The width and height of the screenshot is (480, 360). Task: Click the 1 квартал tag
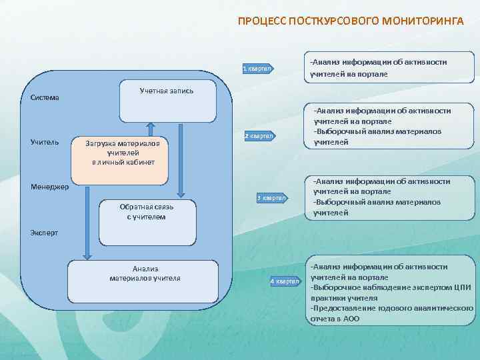click(257, 69)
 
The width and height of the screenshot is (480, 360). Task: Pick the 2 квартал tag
click(259, 136)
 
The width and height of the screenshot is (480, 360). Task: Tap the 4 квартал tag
click(285, 281)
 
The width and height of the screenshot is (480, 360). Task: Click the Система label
click(45, 98)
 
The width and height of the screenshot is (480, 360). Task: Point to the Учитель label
click(45, 142)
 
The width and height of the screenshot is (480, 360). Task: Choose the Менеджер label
click(49, 187)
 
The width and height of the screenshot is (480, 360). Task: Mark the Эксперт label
click(45, 233)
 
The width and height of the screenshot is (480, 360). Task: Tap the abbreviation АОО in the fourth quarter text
click(351, 319)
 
